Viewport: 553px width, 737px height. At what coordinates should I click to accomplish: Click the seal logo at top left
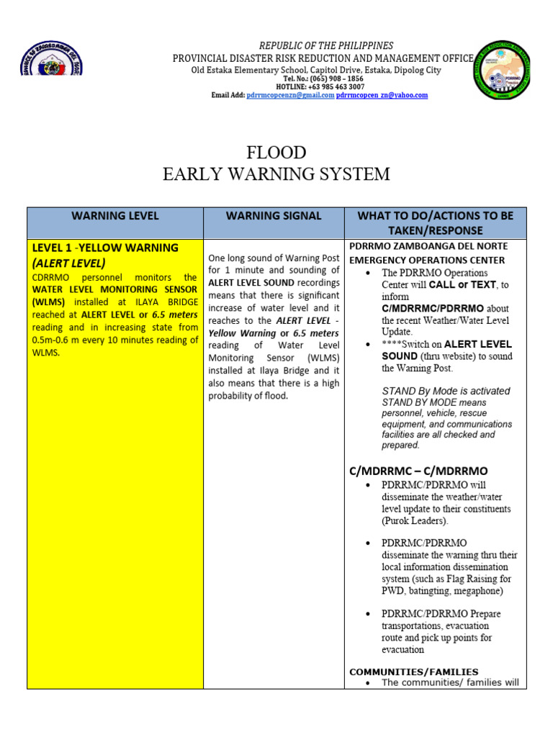click(51, 58)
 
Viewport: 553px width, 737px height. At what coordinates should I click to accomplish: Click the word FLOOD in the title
click(276, 153)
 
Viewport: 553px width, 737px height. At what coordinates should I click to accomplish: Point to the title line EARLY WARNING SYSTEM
click(276, 174)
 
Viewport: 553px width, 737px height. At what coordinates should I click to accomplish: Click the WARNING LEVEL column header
click(115, 216)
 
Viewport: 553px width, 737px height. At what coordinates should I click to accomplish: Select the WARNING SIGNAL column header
click(274, 216)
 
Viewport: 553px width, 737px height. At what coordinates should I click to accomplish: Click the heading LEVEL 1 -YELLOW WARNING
click(105, 248)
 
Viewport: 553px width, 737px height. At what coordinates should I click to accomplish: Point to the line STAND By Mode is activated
click(446, 391)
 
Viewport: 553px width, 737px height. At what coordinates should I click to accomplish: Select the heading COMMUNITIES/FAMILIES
click(413, 672)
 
